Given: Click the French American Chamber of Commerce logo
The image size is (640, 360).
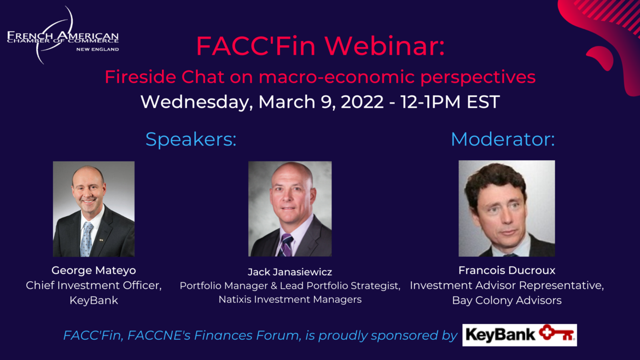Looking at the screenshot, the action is tap(63, 36).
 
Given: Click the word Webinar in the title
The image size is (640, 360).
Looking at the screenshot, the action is tap(385, 46).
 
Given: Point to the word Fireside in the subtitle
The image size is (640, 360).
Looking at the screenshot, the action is tap(141, 77).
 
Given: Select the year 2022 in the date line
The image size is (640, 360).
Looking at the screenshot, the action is tap(362, 102).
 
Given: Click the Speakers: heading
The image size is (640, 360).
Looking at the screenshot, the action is tap(191, 139).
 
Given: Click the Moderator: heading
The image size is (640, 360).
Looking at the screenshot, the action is tap(503, 139).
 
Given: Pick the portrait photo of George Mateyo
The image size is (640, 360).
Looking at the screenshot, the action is tap(94, 209).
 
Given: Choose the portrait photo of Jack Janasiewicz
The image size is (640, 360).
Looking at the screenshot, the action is tap(290, 209).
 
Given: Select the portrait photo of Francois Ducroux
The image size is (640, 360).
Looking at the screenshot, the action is tap(507, 208).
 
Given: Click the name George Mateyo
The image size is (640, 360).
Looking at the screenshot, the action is tap(94, 271).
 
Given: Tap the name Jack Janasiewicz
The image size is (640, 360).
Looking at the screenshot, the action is tap(290, 272).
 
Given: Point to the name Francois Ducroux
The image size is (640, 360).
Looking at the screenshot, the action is tap(507, 270).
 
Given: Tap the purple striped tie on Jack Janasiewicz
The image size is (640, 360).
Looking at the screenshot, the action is tap(286, 246).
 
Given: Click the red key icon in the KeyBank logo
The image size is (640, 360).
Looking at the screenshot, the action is tap(557, 334).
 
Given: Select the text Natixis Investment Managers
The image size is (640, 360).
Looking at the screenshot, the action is tap(290, 299).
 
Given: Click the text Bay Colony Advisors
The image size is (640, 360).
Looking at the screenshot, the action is tap(507, 300).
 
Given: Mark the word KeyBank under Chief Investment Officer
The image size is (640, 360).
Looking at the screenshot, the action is tap(94, 300).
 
